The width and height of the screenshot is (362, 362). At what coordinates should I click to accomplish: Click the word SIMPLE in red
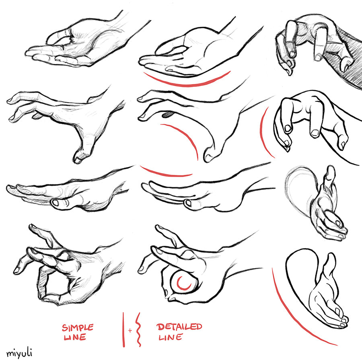tap(78, 327)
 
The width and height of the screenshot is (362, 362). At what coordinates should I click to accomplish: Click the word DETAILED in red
tap(179, 327)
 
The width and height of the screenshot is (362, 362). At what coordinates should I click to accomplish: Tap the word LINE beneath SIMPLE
tap(74, 337)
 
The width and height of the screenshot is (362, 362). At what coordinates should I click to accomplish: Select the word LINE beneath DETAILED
tap(169, 337)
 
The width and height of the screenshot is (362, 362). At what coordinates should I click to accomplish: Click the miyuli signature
tap(19, 353)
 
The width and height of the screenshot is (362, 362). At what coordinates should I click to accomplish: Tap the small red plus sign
tap(130, 330)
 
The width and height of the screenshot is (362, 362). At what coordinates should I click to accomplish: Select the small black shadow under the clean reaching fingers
tap(167, 116)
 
